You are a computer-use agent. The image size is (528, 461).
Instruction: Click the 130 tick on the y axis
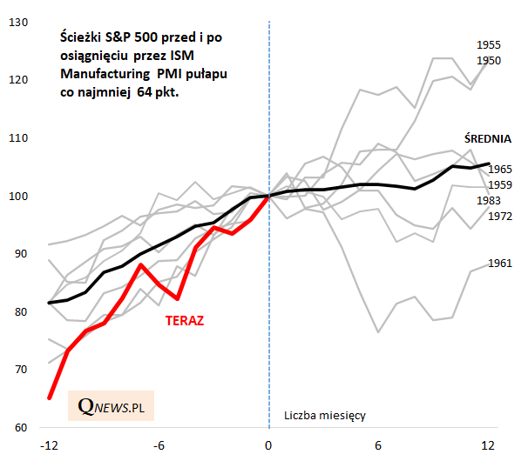point(18,21)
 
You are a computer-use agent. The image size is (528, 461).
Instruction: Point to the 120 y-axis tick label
point(18,79)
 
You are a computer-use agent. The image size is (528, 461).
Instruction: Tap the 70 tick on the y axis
point(21,370)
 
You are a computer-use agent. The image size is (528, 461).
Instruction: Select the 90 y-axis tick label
point(21,254)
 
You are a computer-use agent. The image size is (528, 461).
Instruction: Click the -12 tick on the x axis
point(50,445)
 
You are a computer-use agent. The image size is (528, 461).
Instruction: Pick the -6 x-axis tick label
point(159,445)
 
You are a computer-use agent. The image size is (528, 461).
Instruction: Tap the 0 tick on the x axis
point(269,445)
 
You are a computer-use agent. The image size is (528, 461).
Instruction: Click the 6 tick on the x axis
point(378,445)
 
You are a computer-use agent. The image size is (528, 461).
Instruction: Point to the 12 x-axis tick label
point(488,445)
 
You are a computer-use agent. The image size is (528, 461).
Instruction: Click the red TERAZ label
point(185,321)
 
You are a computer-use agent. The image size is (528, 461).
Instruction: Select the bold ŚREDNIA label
point(486,138)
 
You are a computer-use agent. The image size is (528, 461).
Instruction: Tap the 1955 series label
point(488,44)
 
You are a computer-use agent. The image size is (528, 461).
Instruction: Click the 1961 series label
point(500,263)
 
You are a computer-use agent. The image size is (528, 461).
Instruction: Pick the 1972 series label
point(500,216)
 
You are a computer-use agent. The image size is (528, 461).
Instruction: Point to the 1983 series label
point(500,201)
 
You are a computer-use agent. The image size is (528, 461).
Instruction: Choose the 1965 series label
point(500,170)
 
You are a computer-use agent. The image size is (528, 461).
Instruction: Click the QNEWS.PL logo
point(111,407)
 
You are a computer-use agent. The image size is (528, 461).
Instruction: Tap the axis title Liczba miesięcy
point(325,416)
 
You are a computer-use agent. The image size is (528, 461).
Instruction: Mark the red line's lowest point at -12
point(50,398)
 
